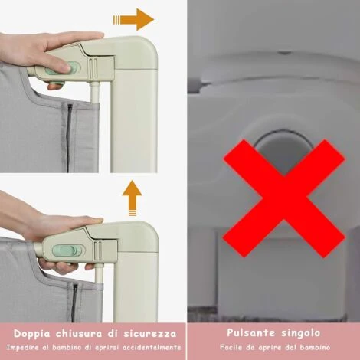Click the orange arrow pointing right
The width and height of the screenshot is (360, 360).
(133, 19)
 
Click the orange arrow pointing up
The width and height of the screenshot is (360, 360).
(132, 198)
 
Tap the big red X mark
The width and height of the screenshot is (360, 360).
(284, 198)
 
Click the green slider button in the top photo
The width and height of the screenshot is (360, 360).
(74, 68)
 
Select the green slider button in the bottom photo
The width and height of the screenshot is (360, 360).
(67, 250)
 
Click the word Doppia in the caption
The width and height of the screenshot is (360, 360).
(32, 334)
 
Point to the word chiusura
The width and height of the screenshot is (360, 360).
(79, 333)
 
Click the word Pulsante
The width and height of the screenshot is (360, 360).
(251, 332)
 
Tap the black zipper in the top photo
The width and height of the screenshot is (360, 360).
(68, 137)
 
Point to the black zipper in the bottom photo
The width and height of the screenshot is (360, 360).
(74, 303)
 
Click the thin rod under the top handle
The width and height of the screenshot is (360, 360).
(95, 93)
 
